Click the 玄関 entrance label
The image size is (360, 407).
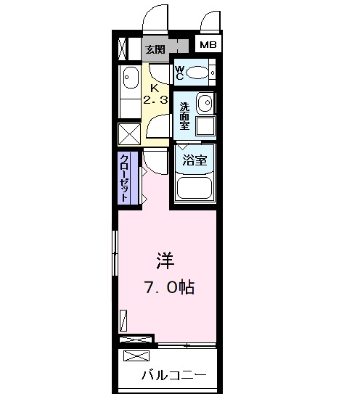point(155,49)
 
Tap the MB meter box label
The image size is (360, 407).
point(208,45)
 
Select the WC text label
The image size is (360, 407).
point(180,73)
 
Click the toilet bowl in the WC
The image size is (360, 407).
point(197,73)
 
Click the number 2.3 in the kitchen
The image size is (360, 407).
point(155,99)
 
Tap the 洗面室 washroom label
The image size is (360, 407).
point(184,115)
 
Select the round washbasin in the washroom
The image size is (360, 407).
point(205,102)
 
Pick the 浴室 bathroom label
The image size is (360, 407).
point(196,160)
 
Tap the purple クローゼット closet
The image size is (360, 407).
point(126,178)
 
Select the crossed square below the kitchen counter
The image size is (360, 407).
point(130,136)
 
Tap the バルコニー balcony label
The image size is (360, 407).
point(174,376)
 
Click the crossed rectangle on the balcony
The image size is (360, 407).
point(138,355)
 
